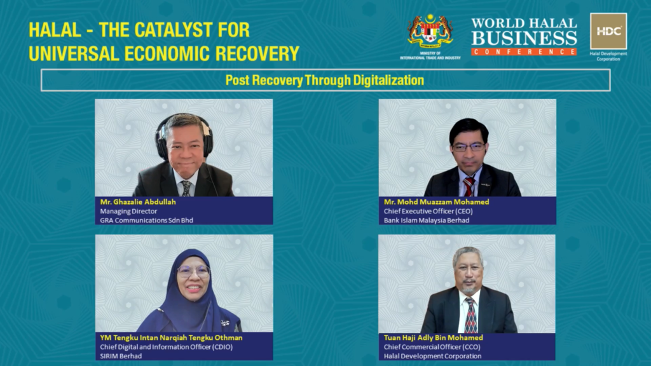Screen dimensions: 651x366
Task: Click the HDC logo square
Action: coord(608,31)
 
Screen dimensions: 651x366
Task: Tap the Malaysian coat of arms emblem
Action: coord(430,31)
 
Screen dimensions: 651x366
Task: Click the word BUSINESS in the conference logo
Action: coord(524,39)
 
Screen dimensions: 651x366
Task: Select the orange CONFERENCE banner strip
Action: coord(524,52)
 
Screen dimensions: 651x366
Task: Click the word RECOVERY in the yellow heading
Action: coord(257,53)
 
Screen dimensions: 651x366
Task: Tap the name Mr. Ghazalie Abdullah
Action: coord(138,202)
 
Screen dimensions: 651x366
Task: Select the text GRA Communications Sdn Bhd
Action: coord(147,220)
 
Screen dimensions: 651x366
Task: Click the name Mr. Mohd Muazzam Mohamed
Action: coord(436,202)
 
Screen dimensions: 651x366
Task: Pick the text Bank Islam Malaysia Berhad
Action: coord(427,220)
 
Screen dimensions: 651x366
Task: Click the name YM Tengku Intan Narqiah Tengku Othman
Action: coord(171,338)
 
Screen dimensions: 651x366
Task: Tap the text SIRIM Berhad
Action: coord(121,356)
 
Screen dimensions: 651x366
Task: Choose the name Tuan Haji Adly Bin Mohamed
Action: coord(433,338)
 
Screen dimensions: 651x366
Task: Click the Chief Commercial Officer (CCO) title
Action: coord(432,347)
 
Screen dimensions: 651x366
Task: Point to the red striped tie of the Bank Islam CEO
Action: coord(469,187)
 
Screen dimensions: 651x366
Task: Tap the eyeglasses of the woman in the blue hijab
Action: coord(193,272)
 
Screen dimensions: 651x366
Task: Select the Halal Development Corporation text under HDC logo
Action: coord(608,57)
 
